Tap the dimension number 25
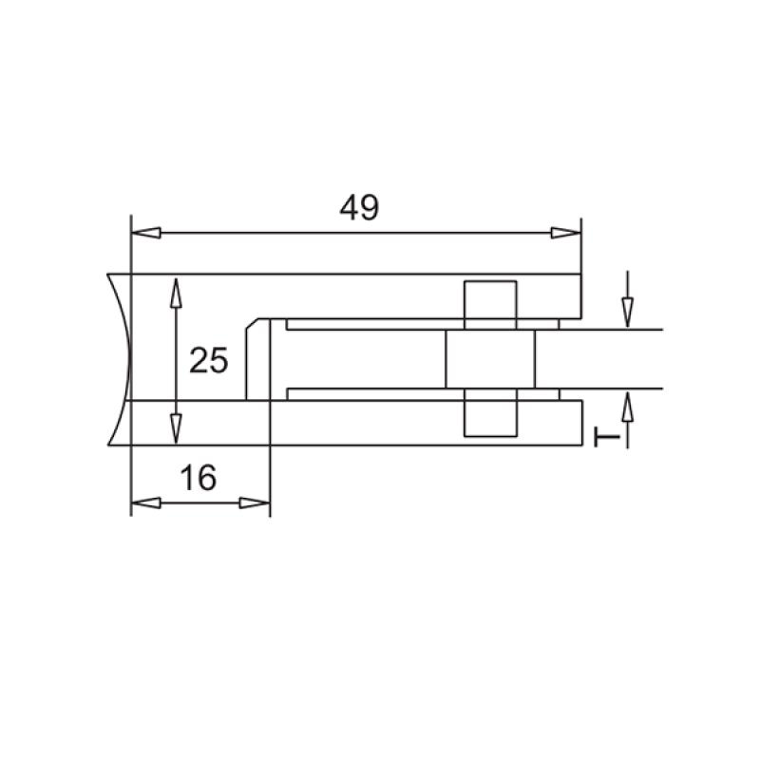click(209, 361)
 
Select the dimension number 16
click(198, 477)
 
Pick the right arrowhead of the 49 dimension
click(567, 232)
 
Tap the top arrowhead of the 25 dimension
click(175, 291)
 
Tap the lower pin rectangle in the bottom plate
click(490, 414)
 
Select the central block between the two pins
click(490, 360)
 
